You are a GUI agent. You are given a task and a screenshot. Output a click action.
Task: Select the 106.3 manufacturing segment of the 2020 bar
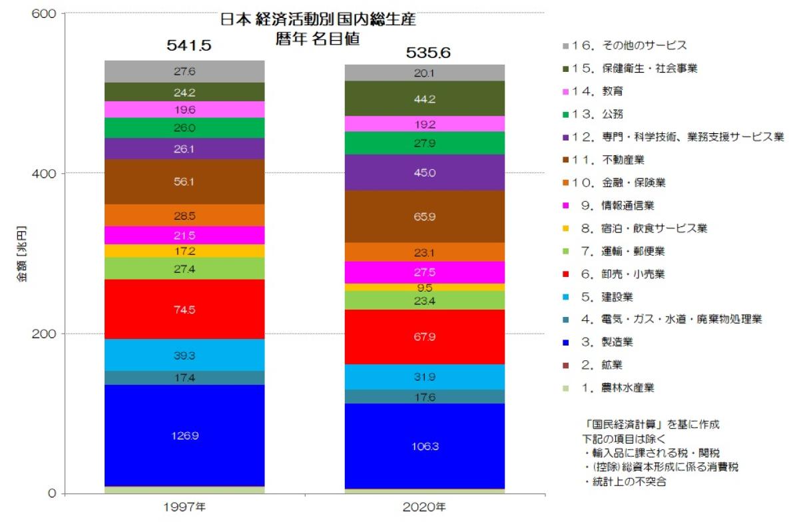424,446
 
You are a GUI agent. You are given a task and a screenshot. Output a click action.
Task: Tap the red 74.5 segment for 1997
184,310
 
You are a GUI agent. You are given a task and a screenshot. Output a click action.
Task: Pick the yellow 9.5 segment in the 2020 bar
424,288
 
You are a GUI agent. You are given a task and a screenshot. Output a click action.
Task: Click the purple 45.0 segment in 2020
424,173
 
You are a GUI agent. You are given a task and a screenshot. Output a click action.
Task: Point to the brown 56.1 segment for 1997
184,181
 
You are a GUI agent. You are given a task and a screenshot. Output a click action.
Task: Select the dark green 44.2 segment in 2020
424,99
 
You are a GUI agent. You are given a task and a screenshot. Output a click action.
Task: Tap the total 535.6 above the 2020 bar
424,53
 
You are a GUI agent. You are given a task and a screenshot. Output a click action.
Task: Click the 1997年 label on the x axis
184,508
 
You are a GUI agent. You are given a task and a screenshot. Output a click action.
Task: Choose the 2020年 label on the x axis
424,508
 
